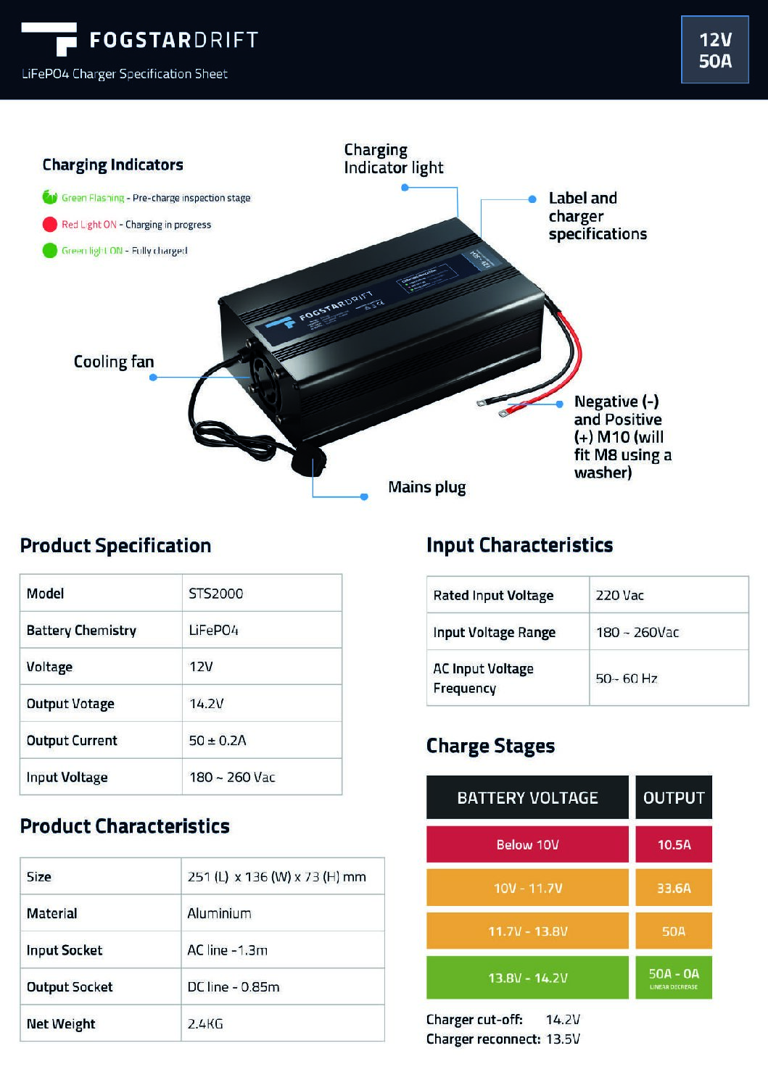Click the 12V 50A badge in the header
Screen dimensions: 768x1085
[714, 50]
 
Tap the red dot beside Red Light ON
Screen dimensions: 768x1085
[49, 225]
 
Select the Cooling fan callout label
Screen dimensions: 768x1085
[114, 362]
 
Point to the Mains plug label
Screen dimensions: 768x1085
[426, 487]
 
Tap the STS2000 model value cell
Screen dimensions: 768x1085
[216, 594]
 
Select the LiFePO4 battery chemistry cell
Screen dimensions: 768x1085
[213, 631]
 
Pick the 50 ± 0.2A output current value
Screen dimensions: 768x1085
[218, 741]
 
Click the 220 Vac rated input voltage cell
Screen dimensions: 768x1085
[620, 596]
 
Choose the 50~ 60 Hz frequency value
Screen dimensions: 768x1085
[627, 678]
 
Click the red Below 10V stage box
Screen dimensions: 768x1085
[527, 844]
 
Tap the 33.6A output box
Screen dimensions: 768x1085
[674, 888]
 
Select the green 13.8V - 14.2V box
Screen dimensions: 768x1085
[527, 978]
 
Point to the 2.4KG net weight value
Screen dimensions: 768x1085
[205, 1023]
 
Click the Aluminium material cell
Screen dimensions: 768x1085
[219, 913]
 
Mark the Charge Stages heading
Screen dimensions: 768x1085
[490, 746]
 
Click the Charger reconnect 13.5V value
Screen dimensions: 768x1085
[563, 1039]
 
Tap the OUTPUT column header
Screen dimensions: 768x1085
[674, 798]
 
